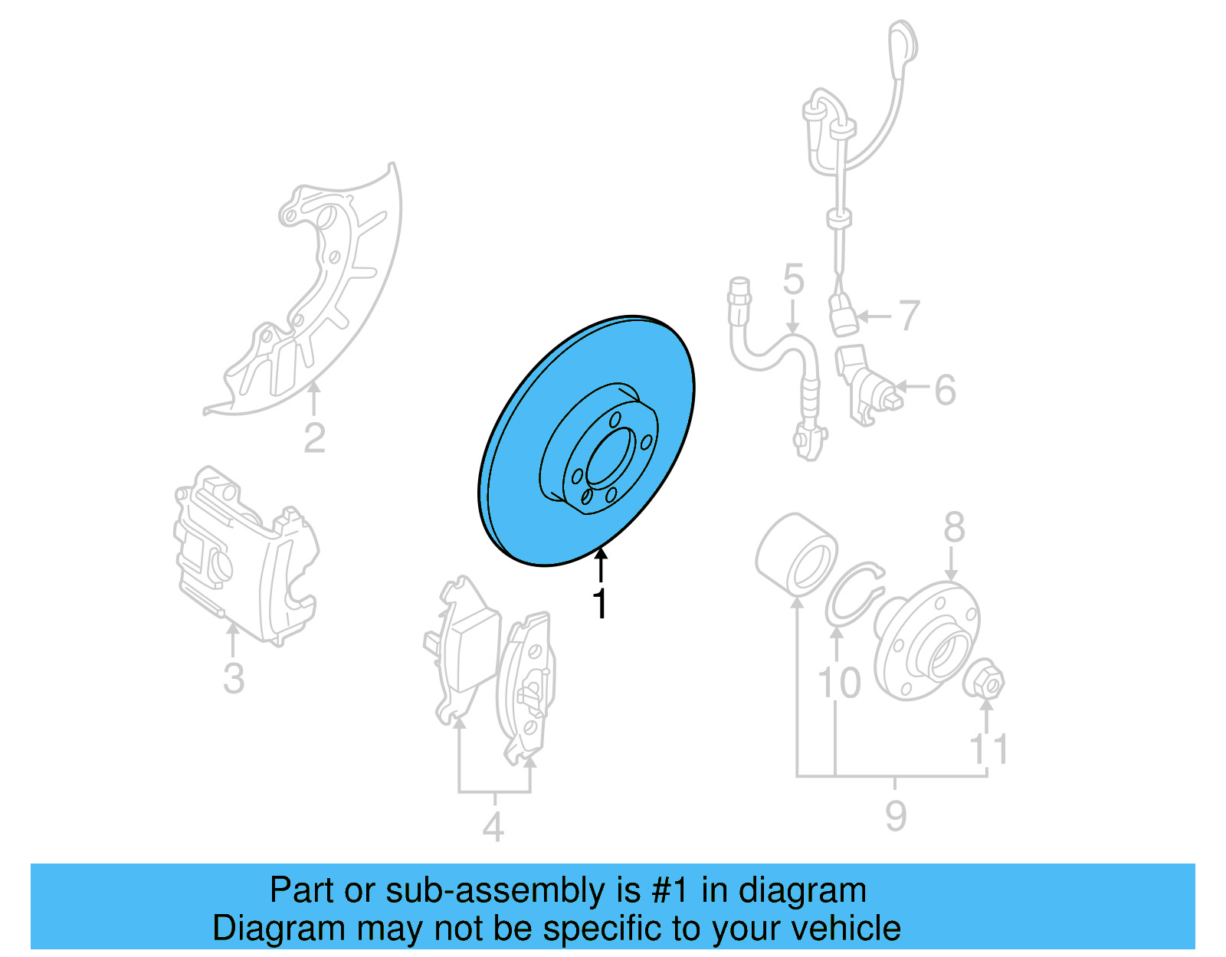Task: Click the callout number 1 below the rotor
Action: [601, 604]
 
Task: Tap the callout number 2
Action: [314, 438]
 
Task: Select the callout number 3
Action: [234, 678]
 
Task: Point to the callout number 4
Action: [493, 827]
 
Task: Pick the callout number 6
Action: [945, 389]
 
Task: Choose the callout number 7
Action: [909, 315]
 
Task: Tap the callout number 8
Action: [953, 527]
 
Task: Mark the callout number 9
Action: [896, 815]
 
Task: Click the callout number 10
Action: [839, 682]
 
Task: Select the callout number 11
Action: [988, 749]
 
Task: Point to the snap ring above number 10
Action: [854, 595]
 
